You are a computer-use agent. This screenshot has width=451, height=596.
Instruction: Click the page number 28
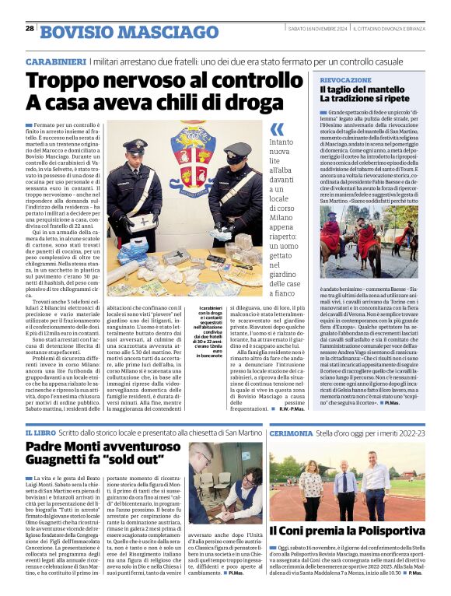(30, 29)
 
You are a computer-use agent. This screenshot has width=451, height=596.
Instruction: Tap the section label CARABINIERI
(55, 61)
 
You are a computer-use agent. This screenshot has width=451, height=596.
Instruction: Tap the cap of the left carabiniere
(135, 145)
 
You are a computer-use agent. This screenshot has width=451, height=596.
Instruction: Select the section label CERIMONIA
(292, 432)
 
